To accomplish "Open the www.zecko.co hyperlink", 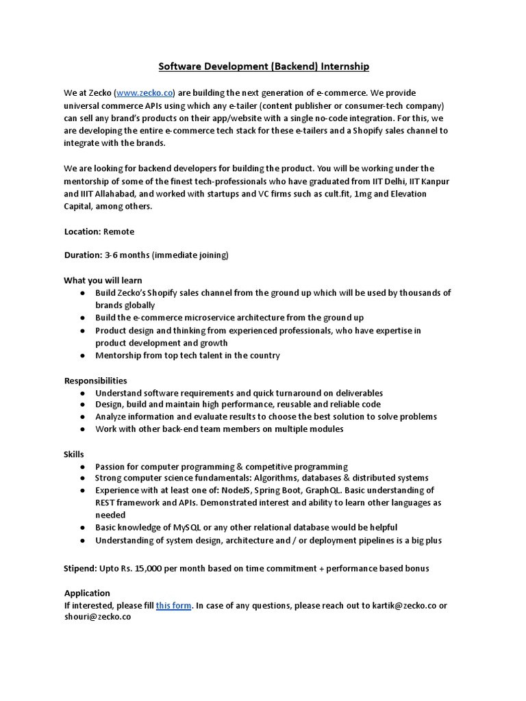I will pos(145,92).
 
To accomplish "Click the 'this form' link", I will pos(174,605).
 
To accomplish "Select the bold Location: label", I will pos(82,231).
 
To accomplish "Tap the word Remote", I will pos(119,231).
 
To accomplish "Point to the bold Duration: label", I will pos(83,255).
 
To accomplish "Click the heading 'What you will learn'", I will pos(103,280).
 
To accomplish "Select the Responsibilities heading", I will pos(95,380).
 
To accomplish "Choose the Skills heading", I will pos(74,454).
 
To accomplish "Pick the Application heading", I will pos(87,593).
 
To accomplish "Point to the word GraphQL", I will pos(325,490).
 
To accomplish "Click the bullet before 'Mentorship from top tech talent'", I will pos(82,355).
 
